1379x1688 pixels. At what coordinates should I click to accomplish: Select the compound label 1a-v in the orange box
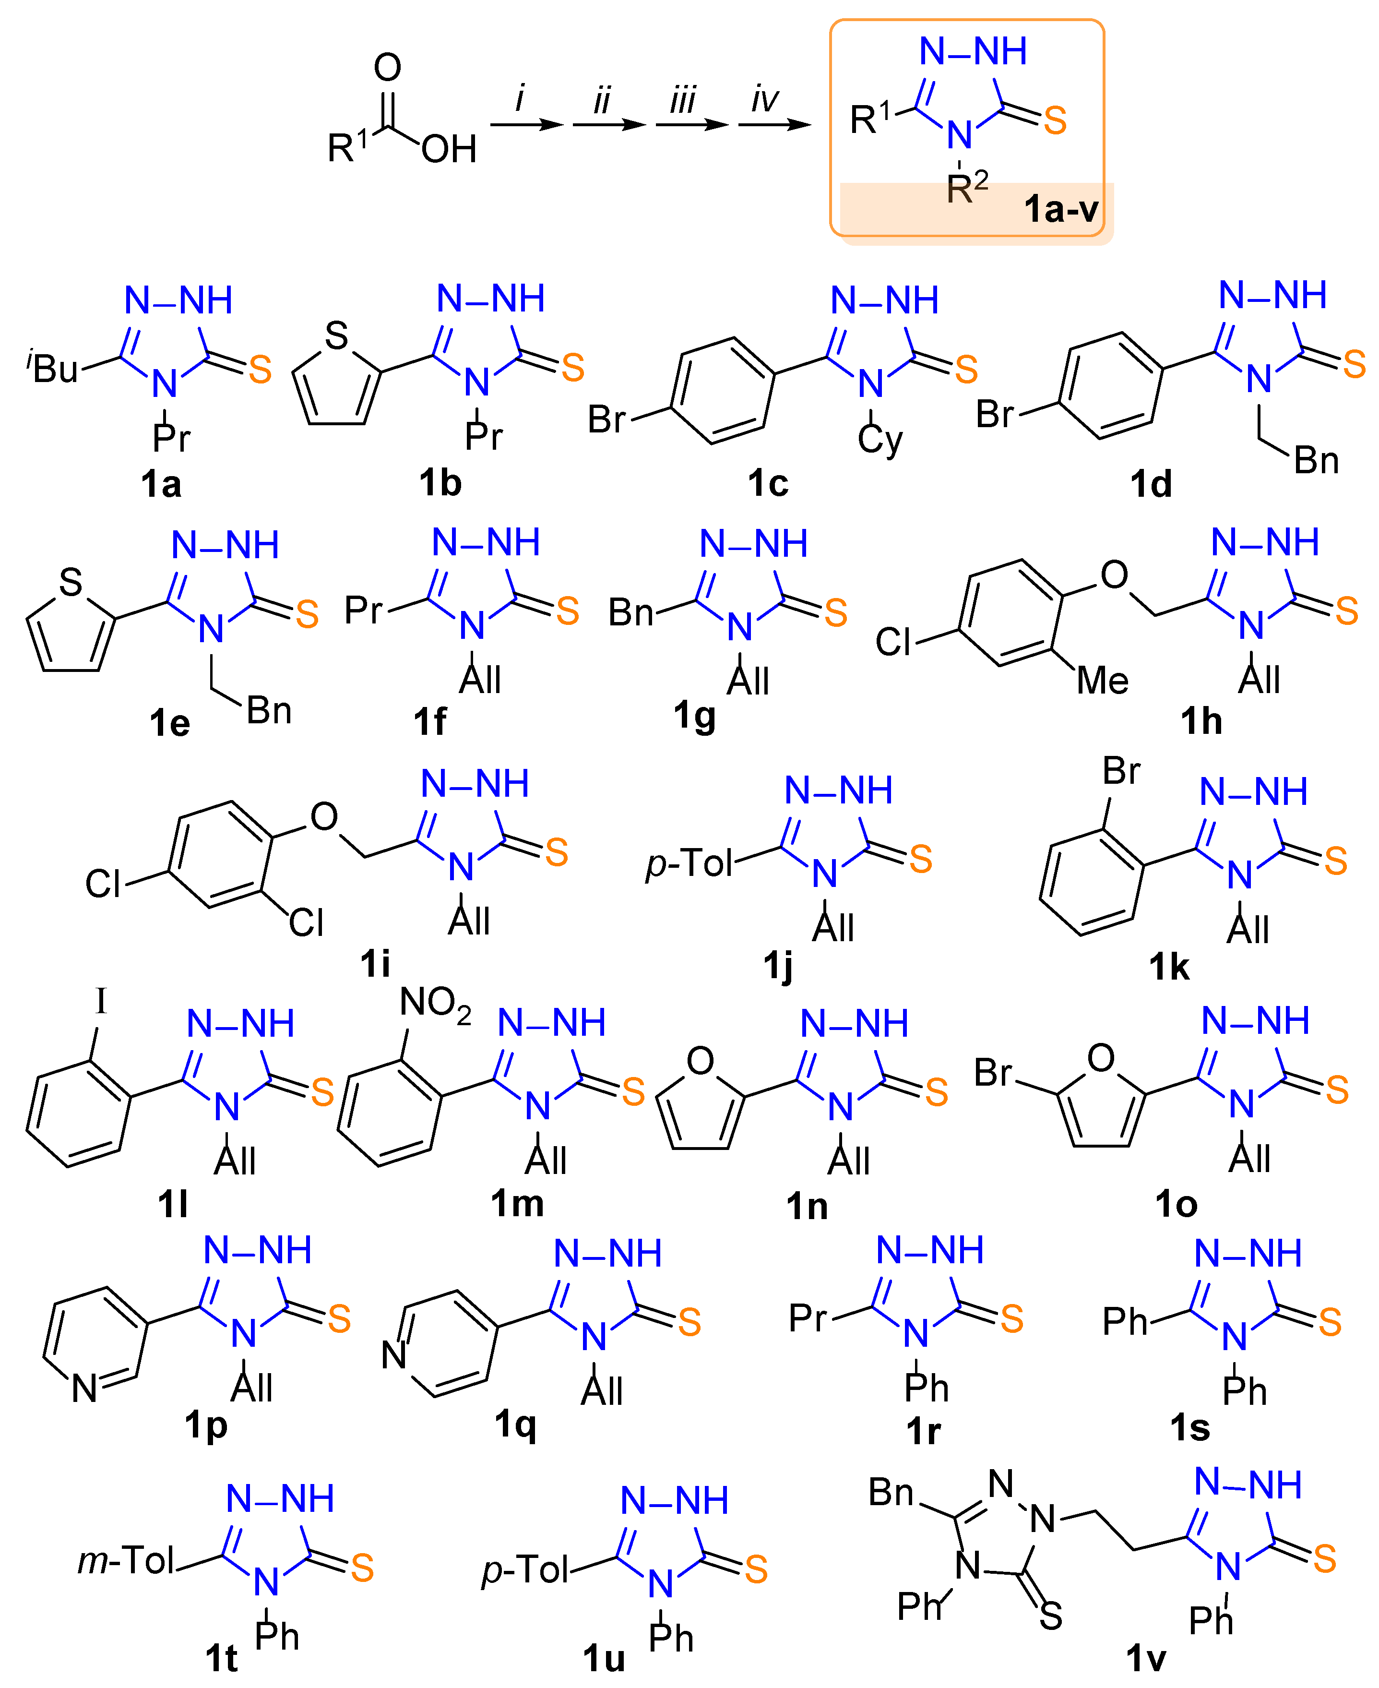click(1060, 209)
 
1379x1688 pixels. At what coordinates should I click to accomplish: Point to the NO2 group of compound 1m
click(435, 1003)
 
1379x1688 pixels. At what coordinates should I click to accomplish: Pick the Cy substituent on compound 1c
click(880, 439)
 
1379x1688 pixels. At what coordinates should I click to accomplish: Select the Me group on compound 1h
click(1103, 680)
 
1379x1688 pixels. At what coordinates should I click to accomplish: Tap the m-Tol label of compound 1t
click(126, 1561)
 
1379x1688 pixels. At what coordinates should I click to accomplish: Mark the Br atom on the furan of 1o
click(993, 1072)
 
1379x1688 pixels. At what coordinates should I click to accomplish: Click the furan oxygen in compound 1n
click(700, 1061)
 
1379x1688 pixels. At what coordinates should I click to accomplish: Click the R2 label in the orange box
click(967, 188)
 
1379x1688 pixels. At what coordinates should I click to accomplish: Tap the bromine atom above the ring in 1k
click(1121, 770)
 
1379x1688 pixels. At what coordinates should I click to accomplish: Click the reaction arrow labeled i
click(527, 125)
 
